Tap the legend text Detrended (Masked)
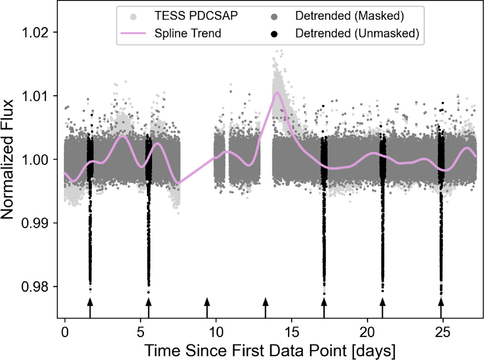point(350,17)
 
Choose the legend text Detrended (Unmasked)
point(357,34)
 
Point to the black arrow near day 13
point(266,307)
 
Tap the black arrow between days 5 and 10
point(207,307)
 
